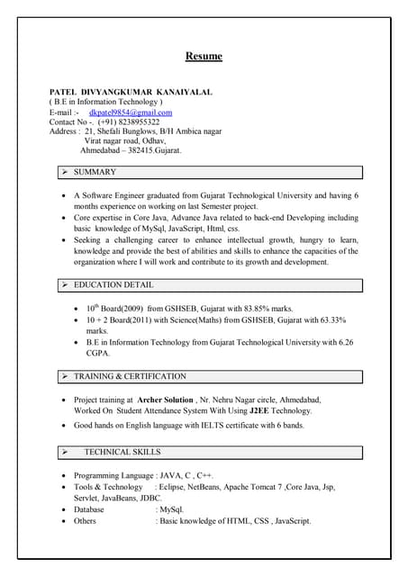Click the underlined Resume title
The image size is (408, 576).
click(x=204, y=57)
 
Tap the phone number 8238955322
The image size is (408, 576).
click(x=135, y=121)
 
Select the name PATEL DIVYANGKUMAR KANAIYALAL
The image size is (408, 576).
click(x=131, y=93)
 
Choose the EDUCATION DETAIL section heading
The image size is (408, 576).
click(x=113, y=285)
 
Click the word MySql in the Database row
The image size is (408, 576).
click(x=173, y=509)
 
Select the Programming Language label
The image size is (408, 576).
click(x=113, y=474)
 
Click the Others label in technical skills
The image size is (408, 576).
click(x=85, y=520)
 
